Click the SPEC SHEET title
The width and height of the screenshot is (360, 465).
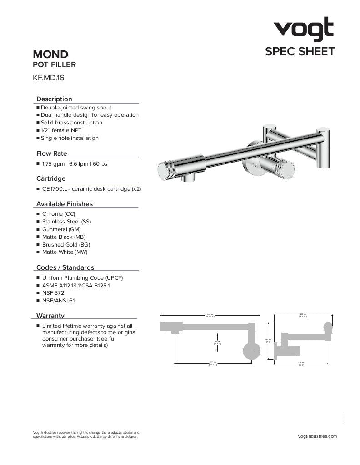click(300, 52)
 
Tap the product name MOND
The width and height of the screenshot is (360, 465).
click(50, 55)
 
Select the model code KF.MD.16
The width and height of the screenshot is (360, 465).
click(49, 78)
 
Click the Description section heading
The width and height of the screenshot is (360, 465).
click(54, 99)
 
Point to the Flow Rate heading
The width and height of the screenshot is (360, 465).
click(51, 153)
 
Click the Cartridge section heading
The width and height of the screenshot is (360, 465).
click(51, 178)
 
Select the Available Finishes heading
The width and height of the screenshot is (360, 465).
click(64, 204)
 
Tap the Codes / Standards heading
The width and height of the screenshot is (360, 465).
click(65, 267)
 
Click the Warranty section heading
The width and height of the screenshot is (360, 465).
click(50, 316)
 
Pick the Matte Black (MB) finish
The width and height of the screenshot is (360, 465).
click(64, 237)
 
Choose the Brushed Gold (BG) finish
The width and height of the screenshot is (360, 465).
click(66, 245)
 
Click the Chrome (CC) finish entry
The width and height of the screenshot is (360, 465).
click(59, 214)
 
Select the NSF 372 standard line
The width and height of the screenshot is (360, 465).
click(53, 293)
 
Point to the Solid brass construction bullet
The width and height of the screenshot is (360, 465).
click(71, 123)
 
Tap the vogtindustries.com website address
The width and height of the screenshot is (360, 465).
click(317, 436)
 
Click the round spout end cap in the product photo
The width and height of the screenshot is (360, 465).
click(166, 171)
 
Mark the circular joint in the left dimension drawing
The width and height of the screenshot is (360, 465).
click(251, 351)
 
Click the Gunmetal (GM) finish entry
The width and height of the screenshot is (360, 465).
click(61, 229)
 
